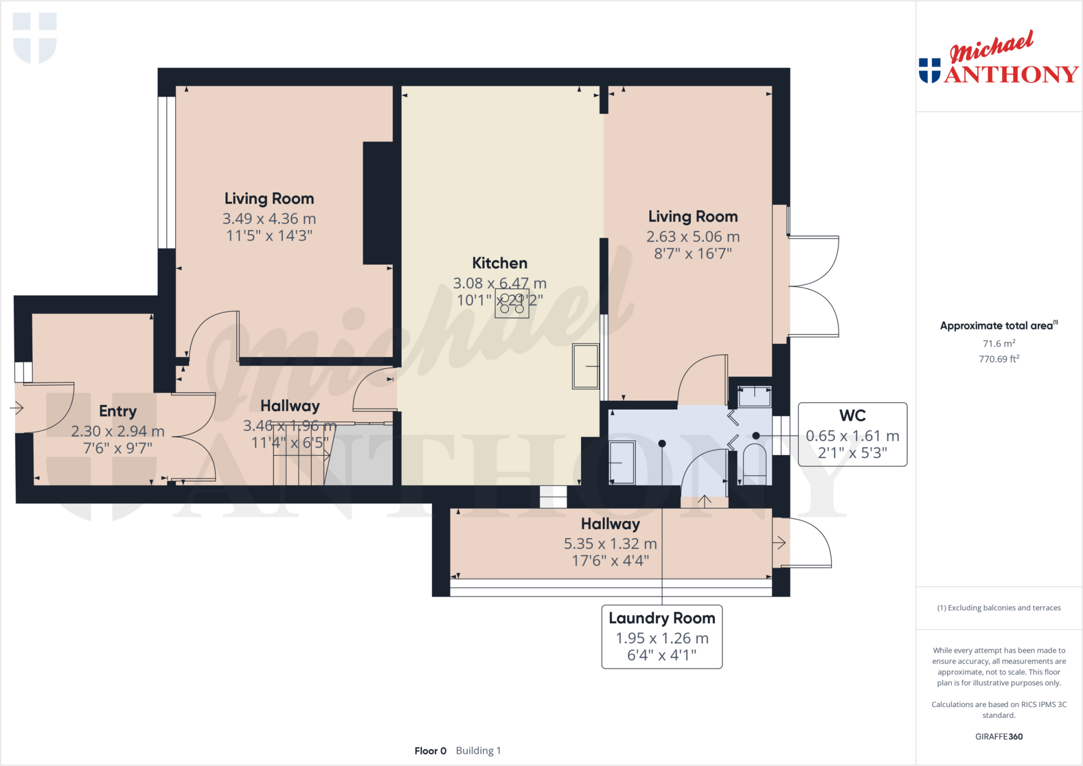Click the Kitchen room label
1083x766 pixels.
click(499, 263)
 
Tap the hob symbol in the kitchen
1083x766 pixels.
click(511, 303)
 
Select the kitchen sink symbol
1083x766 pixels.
click(585, 366)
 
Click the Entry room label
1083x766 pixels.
click(117, 411)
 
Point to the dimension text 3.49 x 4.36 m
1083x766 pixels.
click(269, 218)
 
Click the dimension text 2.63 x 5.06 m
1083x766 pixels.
click(693, 236)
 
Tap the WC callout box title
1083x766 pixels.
click(852, 416)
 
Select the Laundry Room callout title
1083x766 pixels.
click(661, 618)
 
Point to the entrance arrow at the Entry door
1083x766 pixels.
click(17, 408)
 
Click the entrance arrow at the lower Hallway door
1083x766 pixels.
click(779, 542)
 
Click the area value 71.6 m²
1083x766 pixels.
click(998, 344)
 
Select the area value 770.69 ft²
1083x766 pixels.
click(998, 359)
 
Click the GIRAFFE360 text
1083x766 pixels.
click(998, 736)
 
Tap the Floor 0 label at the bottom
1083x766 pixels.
click(430, 751)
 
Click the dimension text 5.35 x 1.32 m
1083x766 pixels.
click(610, 543)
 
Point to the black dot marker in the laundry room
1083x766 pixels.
click(662, 444)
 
